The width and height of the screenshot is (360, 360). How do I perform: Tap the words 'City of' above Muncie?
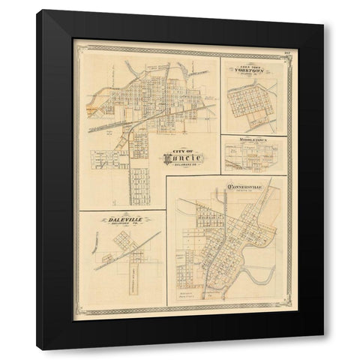(178, 147)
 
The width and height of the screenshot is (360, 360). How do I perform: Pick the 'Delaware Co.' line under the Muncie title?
(178, 166)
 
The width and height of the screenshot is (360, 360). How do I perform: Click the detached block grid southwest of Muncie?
(108, 158)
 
